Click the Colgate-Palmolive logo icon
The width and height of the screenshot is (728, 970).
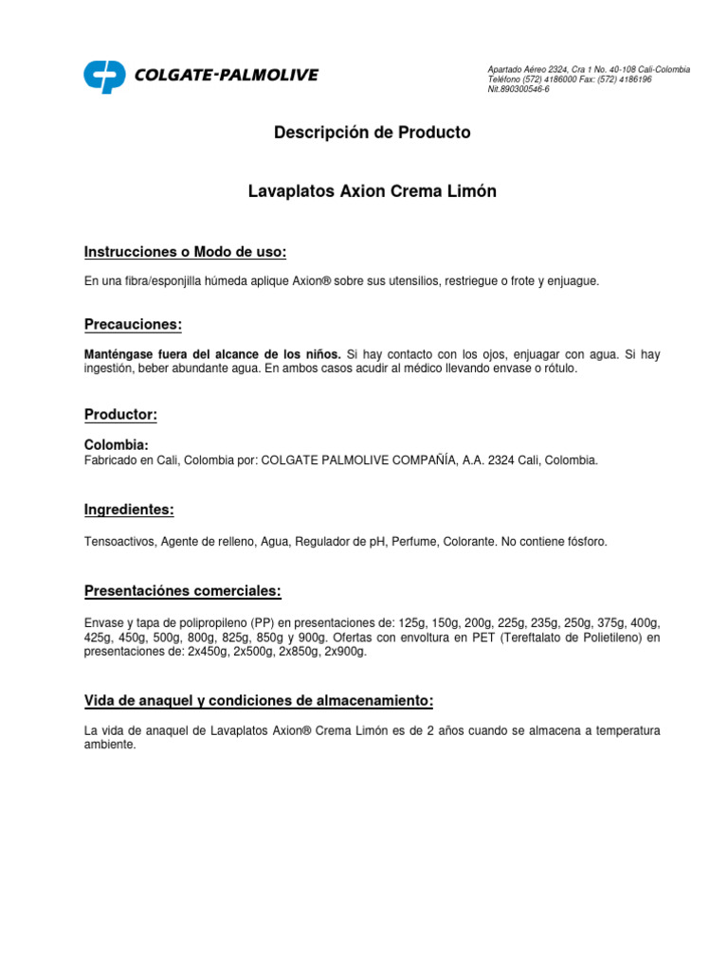coord(104,77)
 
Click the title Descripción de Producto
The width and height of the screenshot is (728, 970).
coord(372,133)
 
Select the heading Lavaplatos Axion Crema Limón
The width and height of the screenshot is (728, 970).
coord(372,191)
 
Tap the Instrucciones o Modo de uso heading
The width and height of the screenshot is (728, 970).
coord(185,252)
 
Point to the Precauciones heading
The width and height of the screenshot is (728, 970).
coord(133,325)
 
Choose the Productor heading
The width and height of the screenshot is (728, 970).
coord(120,415)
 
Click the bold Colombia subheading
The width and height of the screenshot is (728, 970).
coord(117,444)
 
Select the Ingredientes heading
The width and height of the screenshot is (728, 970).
coord(129,510)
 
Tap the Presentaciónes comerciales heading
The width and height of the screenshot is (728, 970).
coord(183,591)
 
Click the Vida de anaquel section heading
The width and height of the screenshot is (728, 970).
coord(259,701)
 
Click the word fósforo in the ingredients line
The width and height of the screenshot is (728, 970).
coord(584,542)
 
